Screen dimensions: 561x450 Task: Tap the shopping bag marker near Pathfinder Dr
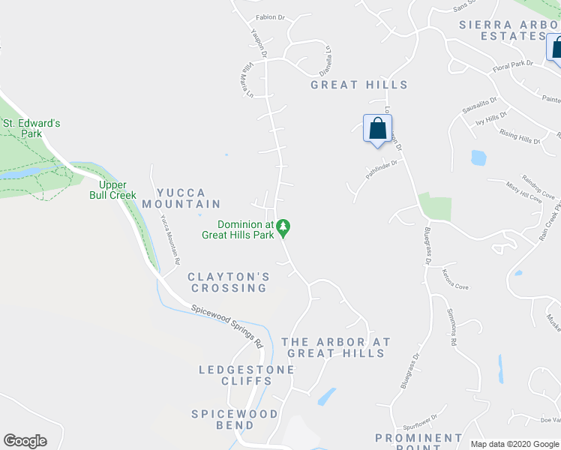coord(377,128)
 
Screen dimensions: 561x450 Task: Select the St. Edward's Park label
coord(31,128)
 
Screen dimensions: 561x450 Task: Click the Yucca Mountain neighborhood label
coord(181,198)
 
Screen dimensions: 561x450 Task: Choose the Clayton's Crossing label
coord(228,282)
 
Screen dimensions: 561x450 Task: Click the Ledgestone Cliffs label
coord(234,375)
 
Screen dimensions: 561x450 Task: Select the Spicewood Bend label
coord(234,419)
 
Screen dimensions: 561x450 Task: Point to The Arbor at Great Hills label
coord(336,347)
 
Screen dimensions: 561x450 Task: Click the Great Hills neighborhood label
coord(359,85)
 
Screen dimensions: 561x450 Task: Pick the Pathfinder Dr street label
coord(381,166)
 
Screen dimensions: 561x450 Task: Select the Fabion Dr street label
coord(270,17)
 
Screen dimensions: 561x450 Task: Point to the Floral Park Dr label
coord(512,64)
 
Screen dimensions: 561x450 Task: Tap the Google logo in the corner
coord(25,441)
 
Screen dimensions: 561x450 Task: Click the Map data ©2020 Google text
coord(514,444)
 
